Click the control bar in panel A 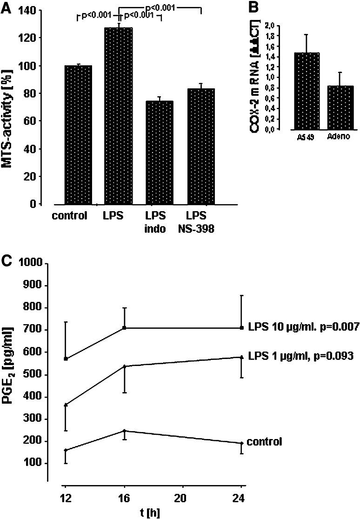coord(79,135)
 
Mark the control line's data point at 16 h coord(124,431)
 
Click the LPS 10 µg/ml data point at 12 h coord(66,359)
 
